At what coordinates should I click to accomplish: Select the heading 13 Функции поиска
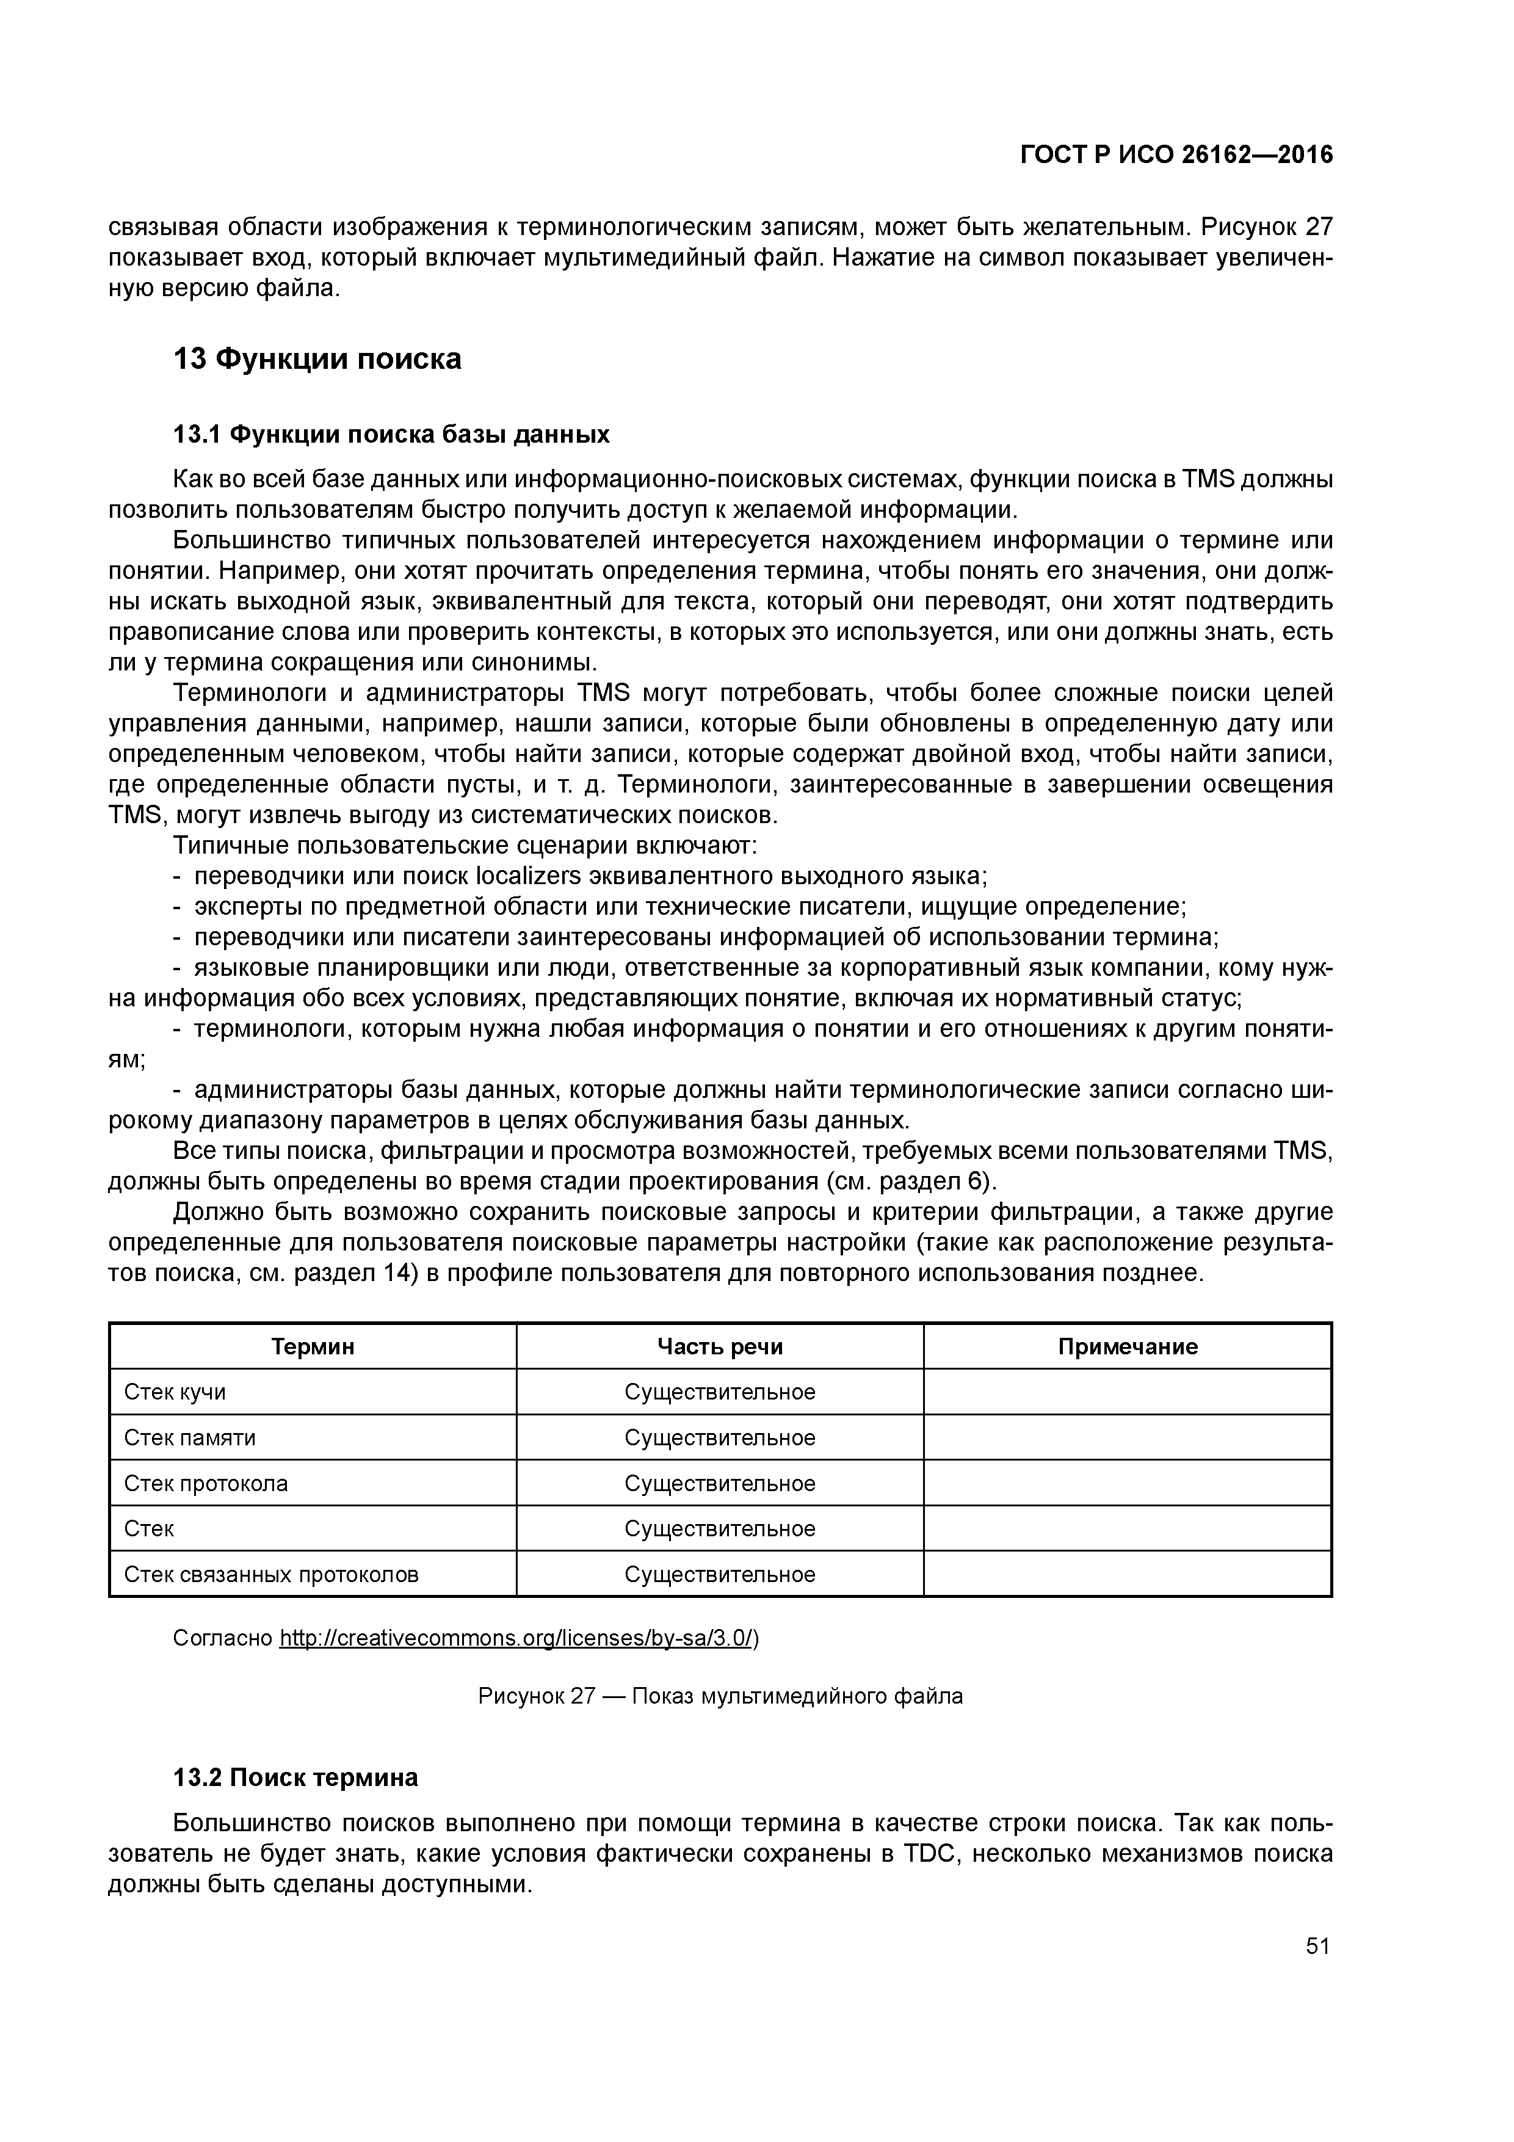(x=317, y=359)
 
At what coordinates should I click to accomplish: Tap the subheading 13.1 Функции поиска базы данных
(x=392, y=435)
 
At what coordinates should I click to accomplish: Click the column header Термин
(x=313, y=1346)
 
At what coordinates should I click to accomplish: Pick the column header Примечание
(x=1127, y=1346)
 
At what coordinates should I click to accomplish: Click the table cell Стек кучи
(x=175, y=1392)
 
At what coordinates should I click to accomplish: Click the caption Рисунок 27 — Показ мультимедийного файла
(x=720, y=1696)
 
